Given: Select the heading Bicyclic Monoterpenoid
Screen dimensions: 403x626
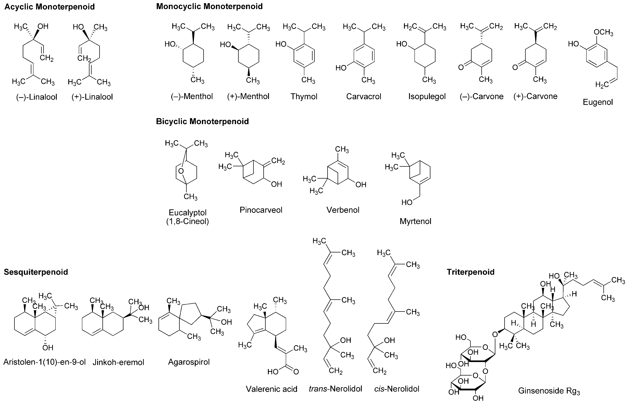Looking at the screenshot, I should pyautogui.click(x=202, y=121).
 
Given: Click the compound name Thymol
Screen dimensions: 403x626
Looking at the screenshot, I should pyautogui.click(x=304, y=97).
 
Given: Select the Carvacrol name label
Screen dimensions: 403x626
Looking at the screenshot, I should pyautogui.click(x=364, y=97).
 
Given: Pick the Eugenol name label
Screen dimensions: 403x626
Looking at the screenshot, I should pyautogui.click(x=598, y=102).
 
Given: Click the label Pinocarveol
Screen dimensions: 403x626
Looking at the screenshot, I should pyautogui.click(x=261, y=210).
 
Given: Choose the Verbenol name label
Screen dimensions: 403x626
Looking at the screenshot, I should pyautogui.click(x=343, y=210).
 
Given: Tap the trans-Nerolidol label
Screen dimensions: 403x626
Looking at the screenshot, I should pyautogui.click(x=335, y=389).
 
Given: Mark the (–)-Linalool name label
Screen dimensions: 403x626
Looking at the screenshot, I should pyautogui.click(x=37, y=97).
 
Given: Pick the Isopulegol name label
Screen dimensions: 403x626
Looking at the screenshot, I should pyautogui.click(x=427, y=97).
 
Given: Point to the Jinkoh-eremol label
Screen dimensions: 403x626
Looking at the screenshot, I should pyautogui.click(x=118, y=362).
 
